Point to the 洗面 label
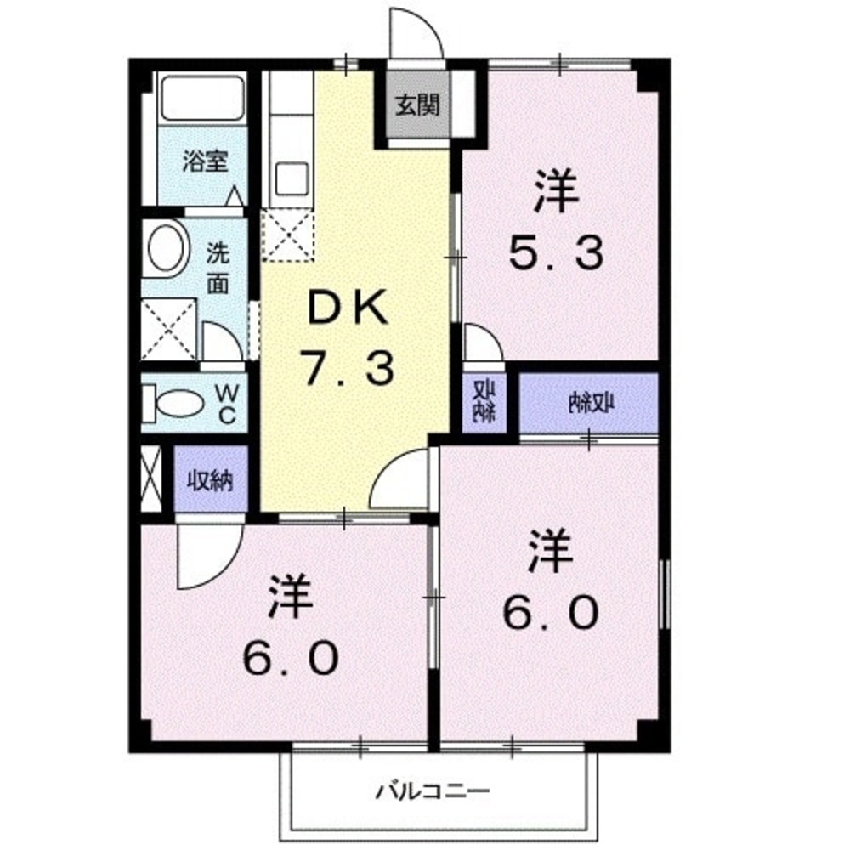coord(219,268)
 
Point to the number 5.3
coord(557,252)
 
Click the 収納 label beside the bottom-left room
coord(210,481)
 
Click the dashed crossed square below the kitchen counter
coord(287,234)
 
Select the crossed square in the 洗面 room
coord(170,329)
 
